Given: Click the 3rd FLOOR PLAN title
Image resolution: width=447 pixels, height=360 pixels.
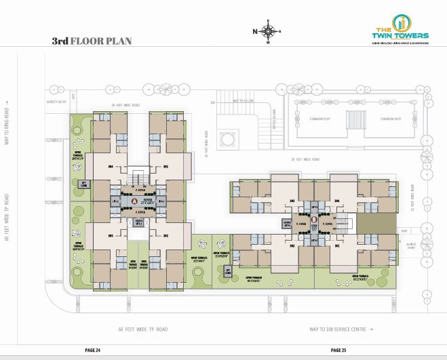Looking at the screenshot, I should (91, 41).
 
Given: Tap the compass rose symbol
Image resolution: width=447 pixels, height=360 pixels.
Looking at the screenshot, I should (269, 31).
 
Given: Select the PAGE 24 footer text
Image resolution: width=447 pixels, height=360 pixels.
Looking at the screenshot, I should (92, 350).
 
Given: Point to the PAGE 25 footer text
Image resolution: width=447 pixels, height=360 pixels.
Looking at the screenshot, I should (338, 350).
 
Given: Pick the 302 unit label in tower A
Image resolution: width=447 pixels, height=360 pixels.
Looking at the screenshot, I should (165, 236).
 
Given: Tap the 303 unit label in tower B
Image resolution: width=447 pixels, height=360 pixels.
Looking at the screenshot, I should (292, 201).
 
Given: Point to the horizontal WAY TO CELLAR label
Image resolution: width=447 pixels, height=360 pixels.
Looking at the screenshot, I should (243, 100).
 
